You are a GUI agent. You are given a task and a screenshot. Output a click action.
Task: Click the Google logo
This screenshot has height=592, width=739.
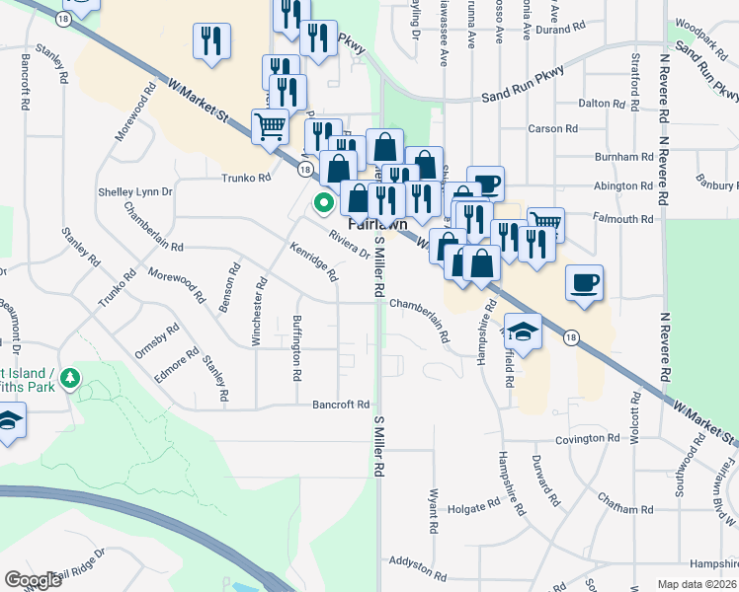coord(34,580)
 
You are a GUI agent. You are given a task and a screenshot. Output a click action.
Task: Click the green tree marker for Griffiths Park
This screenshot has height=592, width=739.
coord(69,378)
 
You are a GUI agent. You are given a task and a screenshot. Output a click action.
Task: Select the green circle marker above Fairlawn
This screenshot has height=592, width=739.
coord(322,204)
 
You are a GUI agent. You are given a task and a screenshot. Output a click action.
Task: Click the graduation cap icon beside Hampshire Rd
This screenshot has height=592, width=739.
coord(526,333)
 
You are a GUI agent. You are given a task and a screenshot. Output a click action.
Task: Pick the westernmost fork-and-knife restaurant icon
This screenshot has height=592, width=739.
coord(213,41)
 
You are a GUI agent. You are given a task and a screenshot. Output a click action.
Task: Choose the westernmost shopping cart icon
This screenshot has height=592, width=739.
coord(270,125)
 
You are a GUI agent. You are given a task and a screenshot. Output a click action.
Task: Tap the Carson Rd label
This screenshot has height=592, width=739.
coord(552,129)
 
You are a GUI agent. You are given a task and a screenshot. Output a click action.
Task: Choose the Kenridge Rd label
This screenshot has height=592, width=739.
coord(314,262)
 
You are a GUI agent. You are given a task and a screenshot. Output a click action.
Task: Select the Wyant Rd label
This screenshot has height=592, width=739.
coord(433,510)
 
